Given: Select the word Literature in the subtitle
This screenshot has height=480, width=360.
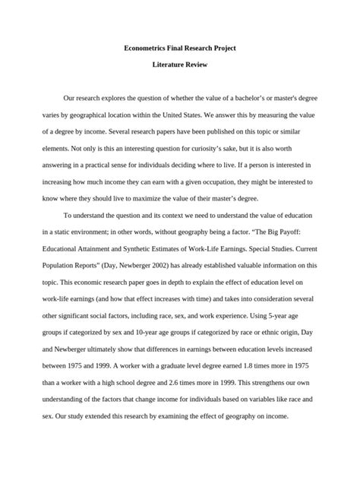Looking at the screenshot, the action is click(167, 65).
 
